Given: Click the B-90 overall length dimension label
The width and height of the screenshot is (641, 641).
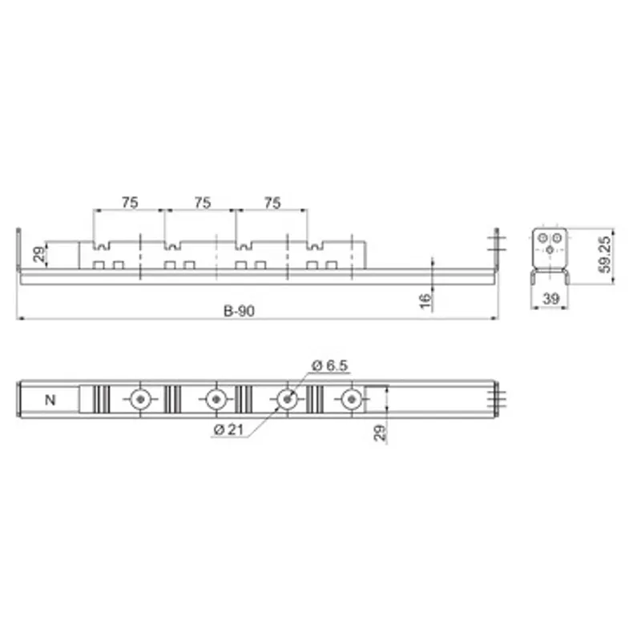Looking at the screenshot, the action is tap(239, 311).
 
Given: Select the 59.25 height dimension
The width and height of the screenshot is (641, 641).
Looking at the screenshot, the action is tap(605, 254).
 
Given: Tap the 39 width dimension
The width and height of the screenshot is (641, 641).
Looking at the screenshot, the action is tap(550, 299).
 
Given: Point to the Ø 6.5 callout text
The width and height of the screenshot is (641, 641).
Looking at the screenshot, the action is tap(329, 365).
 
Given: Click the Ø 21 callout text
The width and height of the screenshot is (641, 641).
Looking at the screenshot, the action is tap(228, 429).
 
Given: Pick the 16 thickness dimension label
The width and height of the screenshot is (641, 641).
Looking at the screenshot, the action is tap(425, 300).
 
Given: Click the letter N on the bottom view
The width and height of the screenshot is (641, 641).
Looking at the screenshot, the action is tap(50, 400).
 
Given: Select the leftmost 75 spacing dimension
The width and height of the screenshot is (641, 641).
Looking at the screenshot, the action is tap(130, 203).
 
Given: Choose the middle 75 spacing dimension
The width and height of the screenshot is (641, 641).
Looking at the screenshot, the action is tap(203, 203).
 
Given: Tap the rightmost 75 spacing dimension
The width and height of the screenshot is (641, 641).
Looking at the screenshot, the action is tap(272, 203).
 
